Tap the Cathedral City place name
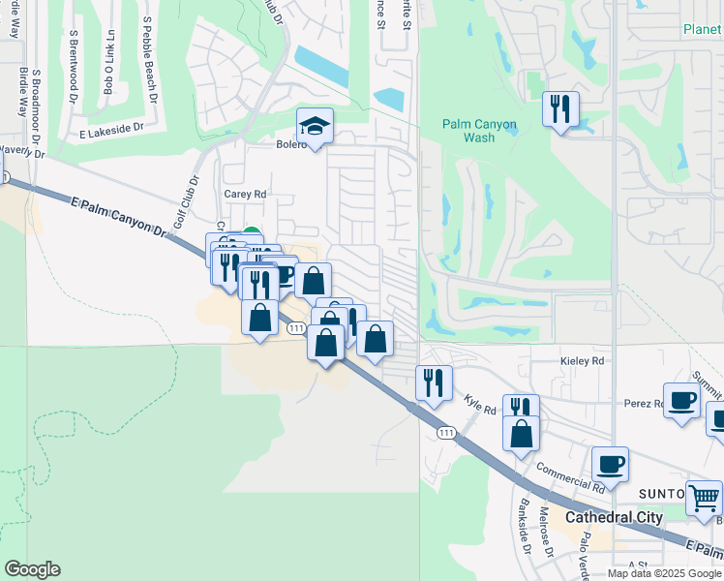614,517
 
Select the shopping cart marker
704,498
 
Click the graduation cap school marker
314,126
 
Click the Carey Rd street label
245,194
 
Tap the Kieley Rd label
583,360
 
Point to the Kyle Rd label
479,403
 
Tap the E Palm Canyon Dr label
119,213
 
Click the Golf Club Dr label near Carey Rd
185,202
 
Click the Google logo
32,569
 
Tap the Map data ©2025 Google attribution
664,573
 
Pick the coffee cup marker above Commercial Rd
611,464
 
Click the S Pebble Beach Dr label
150,59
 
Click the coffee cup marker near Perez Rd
681,400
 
